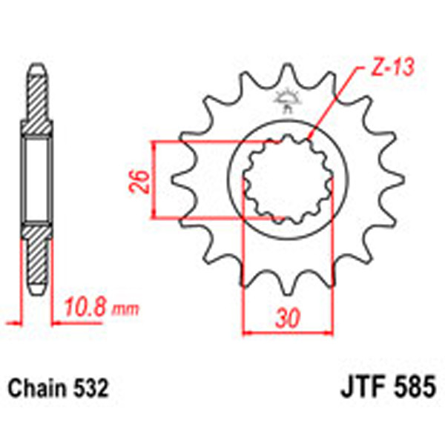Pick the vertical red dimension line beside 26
click(x=154, y=180)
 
